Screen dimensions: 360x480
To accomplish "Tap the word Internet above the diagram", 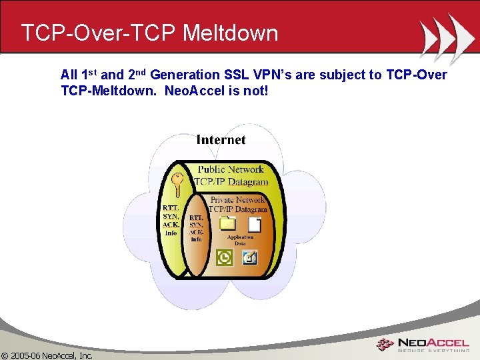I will point(221,139).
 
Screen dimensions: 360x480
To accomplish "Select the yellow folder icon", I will point(228,223).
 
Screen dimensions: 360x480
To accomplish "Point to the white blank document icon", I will point(255,224).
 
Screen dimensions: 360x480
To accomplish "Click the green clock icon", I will point(225,257).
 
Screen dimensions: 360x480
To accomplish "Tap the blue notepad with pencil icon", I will point(250,257).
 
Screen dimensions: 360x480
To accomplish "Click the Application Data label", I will point(240,240).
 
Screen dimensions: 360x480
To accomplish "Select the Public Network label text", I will point(231,169).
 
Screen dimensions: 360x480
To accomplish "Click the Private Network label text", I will point(238,199).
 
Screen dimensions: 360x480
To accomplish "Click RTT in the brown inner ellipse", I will point(196,217).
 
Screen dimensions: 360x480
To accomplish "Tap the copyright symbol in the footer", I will point(5,355).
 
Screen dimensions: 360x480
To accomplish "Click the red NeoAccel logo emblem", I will point(385,345).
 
